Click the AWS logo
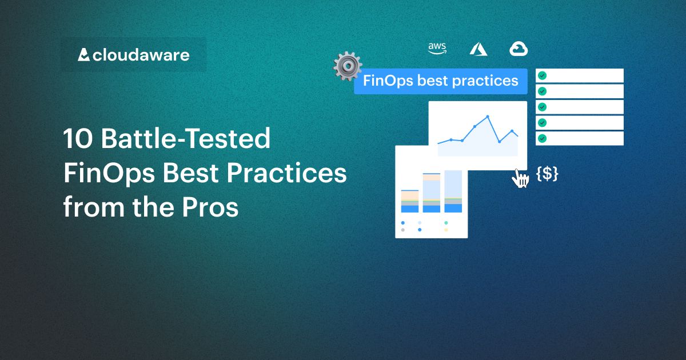pyautogui.click(x=437, y=49)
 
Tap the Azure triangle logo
pyautogui.click(x=478, y=49)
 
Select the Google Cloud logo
pyautogui.click(x=519, y=49)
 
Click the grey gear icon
pyautogui.click(x=347, y=66)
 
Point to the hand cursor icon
pyautogui.click(x=520, y=178)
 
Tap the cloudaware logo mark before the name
pyautogui.click(x=84, y=55)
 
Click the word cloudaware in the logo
pyautogui.click(x=141, y=55)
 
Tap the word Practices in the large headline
pyautogui.click(x=289, y=173)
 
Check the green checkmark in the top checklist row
pyautogui.click(x=542, y=75)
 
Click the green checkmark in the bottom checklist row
pyautogui.click(x=542, y=138)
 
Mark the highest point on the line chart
pyautogui.click(x=488, y=117)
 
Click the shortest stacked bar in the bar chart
pyautogui.click(x=410, y=202)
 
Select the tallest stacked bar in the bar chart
pyautogui.click(x=453, y=191)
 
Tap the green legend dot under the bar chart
pyautogui.click(x=446, y=223)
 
